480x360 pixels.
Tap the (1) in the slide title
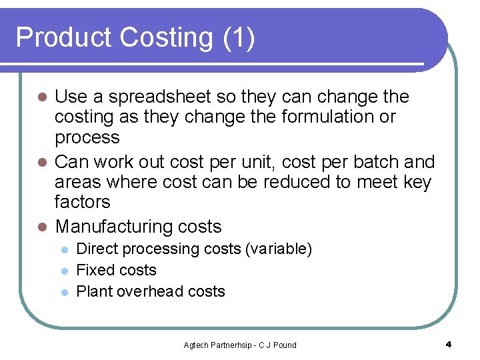click(x=239, y=38)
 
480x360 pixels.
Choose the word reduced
click(x=279, y=182)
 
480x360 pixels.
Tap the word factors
click(x=83, y=202)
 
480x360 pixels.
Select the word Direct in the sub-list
click(x=97, y=249)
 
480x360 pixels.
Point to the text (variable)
click(x=279, y=249)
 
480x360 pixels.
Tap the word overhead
click(x=154, y=292)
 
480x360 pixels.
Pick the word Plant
click(x=93, y=292)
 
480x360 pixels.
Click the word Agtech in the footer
click(x=196, y=345)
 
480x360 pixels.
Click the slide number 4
click(x=448, y=345)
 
